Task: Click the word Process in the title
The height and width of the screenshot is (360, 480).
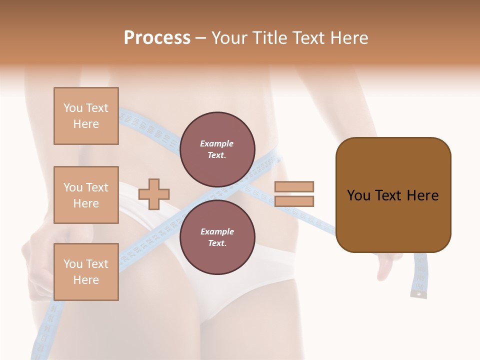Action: click(x=157, y=38)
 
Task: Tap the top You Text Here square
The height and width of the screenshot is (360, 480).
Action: click(x=86, y=116)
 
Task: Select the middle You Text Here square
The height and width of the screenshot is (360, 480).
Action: click(x=86, y=195)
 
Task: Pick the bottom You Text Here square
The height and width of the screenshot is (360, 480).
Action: click(x=86, y=271)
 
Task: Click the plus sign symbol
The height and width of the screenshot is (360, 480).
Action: click(x=154, y=194)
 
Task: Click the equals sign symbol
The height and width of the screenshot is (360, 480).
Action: click(x=294, y=194)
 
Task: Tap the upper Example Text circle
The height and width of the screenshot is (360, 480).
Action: click(x=217, y=149)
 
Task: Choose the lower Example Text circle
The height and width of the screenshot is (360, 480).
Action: click(x=217, y=237)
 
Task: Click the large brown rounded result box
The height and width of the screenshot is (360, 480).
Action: click(x=393, y=195)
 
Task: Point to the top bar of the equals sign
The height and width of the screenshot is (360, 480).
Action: click(x=294, y=187)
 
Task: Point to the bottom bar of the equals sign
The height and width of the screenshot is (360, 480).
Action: click(x=294, y=201)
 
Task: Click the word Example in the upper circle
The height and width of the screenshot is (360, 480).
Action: click(x=217, y=143)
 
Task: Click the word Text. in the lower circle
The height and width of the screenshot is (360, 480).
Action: click(x=217, y=243)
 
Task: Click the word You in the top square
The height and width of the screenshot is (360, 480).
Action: click(x=73, y=108)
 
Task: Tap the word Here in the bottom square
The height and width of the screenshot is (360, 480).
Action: click(x=86, y=280)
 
